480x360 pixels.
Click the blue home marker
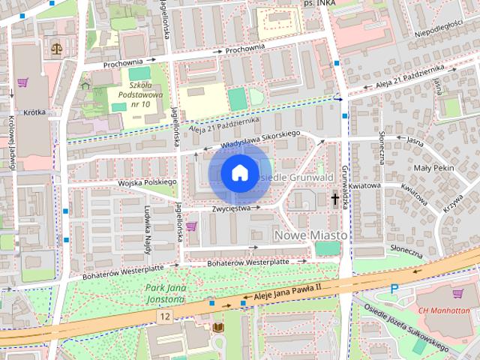tap(238, 173)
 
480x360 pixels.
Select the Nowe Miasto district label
tap(311, 235)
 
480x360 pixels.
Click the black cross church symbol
tap(334, 199)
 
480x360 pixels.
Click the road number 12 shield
tap(164, 317)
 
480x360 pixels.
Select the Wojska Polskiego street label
tap(146, 182)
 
